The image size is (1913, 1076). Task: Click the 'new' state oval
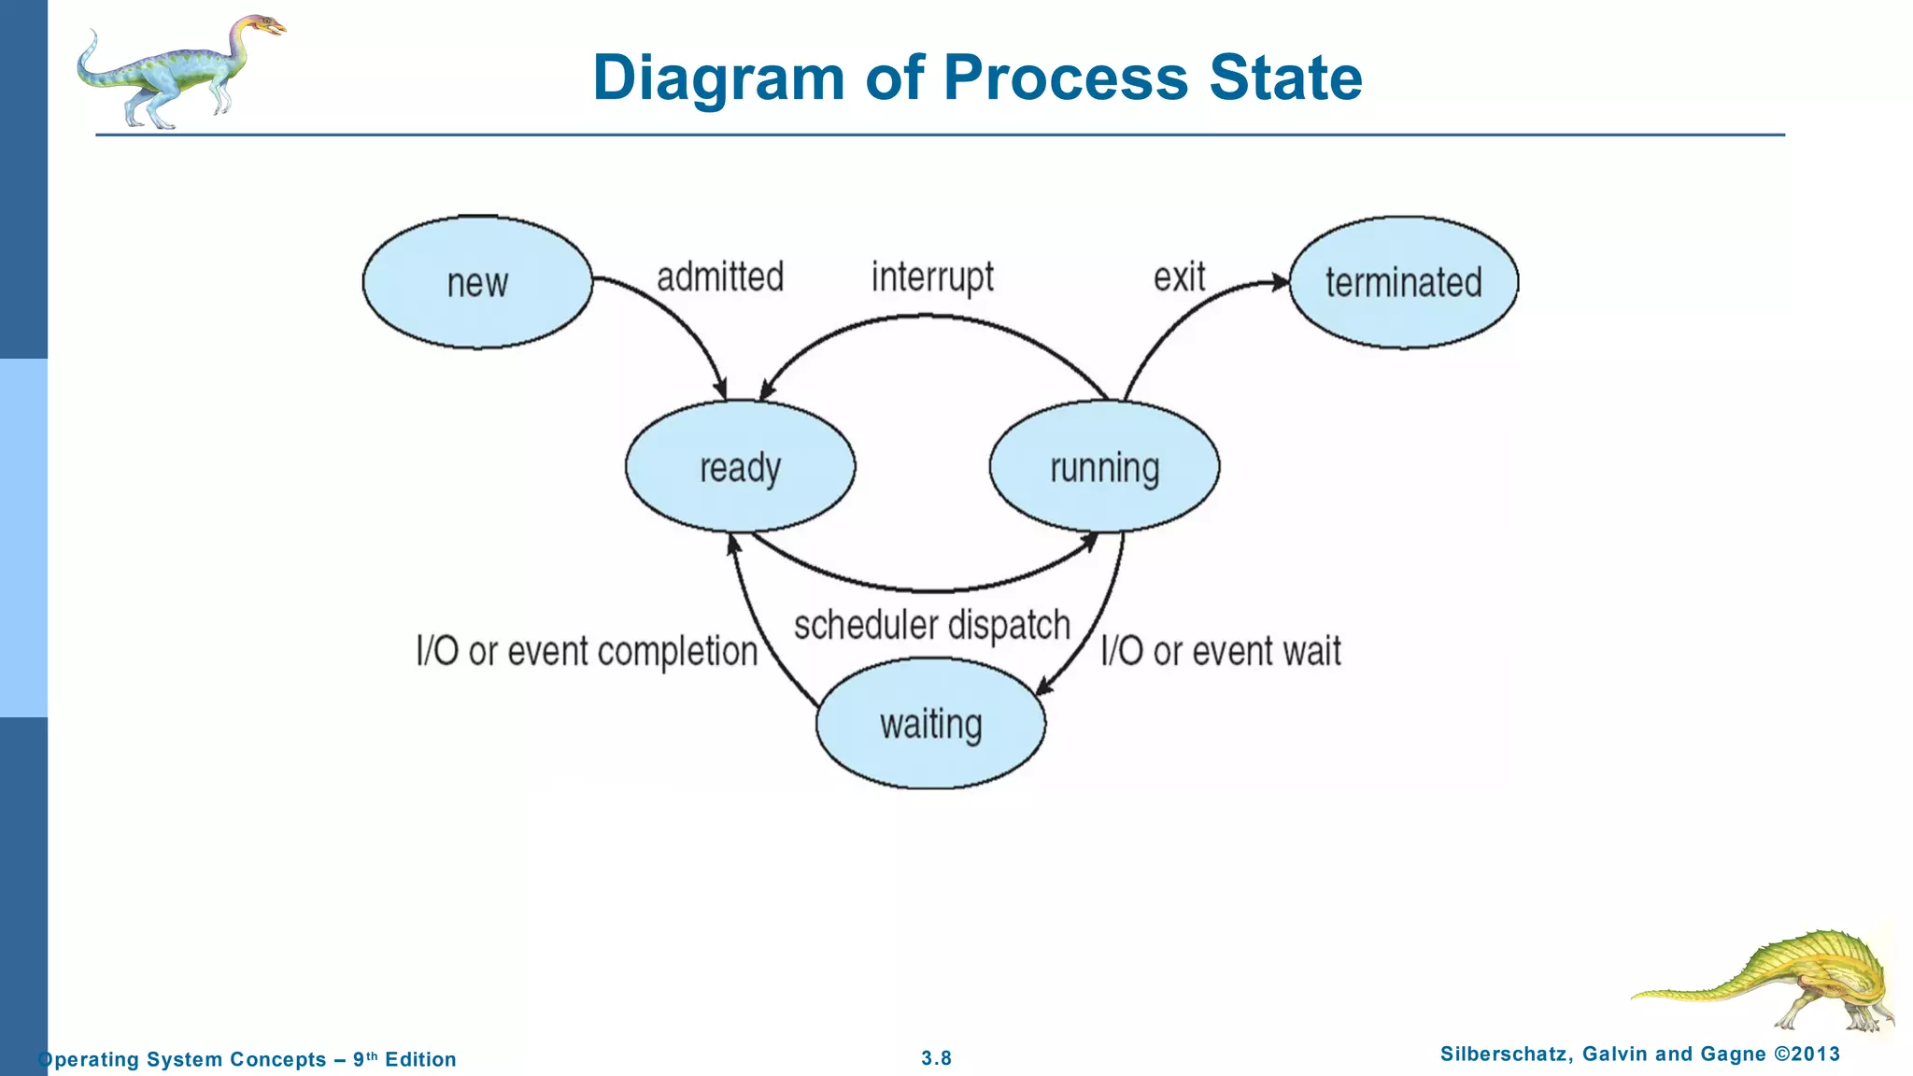[x=477, y=282]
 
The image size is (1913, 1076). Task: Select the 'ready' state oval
[x=740, y=466]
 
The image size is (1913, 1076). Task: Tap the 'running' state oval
[x=1104, y=466]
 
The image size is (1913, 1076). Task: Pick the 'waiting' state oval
[x=930, y=723]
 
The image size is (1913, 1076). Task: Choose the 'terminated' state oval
[x=1403, y=282]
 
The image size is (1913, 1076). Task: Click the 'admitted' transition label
[x=719, y=277]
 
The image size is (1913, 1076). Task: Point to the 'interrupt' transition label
[x=932, y=277]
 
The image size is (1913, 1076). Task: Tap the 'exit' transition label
[x=1179, y=277]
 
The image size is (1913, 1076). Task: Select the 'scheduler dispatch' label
[x=931, y=625]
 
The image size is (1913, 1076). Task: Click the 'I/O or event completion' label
[x=587, y=651]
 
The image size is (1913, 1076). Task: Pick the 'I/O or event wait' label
[x=1220, y=651]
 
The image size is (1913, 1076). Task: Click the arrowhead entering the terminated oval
[x=1280, y=282]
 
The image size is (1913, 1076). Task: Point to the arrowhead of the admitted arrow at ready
[x=720, y=389]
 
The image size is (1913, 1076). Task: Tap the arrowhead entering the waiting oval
[x=1044, y=687]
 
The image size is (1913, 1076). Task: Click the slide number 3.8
[x=936, y=1058]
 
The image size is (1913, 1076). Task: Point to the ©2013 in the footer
[x=1807, y=1055]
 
